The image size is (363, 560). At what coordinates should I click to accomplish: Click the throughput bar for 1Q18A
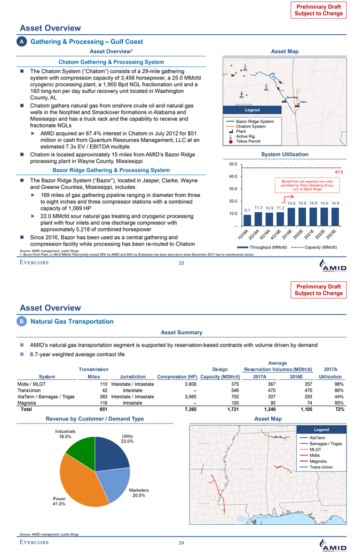coord(247,220)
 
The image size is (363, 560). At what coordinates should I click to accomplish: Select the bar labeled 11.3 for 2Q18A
coord(258,219)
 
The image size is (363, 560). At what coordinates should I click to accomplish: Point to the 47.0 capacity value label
coord(338,172)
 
